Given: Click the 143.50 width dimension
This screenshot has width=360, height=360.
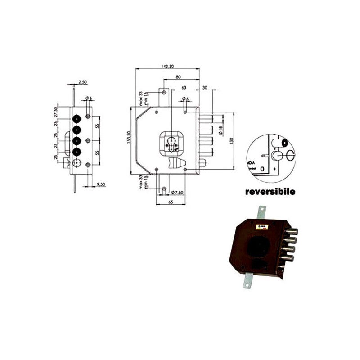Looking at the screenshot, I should [167, 67].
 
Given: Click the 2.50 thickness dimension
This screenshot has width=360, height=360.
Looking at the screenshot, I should [82, 82].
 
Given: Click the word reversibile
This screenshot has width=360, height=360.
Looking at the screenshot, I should [270, 191].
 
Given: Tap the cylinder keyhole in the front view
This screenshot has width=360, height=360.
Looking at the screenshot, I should [172, 144].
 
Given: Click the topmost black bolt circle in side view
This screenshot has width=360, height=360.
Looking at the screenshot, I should [77, 118].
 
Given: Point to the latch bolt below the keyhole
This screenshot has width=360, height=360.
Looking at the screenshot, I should [176, 163].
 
